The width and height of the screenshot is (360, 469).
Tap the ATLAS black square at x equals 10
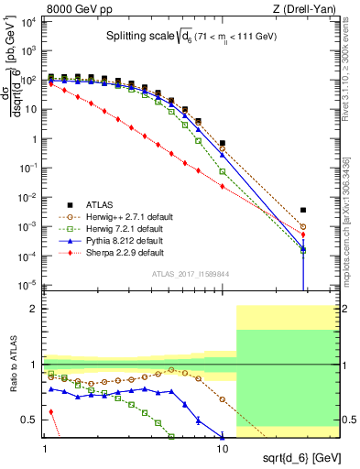coord(223,143)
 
